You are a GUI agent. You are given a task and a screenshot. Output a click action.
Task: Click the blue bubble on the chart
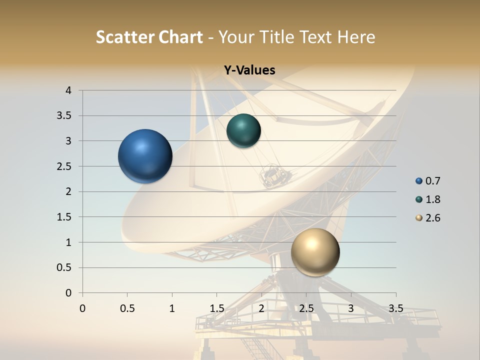point(145,156)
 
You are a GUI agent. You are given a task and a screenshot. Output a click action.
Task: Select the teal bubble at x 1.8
point(243,131)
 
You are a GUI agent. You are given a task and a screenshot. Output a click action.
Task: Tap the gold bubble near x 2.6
point(315,252)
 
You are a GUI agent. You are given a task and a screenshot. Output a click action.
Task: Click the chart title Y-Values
point(249,70)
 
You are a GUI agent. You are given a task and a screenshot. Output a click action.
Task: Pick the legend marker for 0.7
point(419,181)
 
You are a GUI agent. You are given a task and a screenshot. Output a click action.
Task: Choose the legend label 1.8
point(432,199)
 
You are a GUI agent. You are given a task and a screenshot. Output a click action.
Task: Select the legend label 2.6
point(432,218)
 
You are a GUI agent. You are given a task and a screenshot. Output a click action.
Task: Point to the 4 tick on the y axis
point(68,90)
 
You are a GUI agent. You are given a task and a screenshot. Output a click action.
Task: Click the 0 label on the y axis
point(68,293)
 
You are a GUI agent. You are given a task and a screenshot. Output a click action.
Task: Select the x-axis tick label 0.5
point(127,308)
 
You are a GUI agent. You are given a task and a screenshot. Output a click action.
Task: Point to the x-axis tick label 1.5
point(216,308)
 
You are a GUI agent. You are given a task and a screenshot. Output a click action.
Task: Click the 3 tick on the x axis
point(351,308)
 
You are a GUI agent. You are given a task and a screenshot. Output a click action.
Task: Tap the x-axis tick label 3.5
point(395,308)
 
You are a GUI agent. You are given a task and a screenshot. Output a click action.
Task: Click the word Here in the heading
point(356,37)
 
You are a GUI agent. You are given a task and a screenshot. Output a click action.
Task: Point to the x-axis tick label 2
point(261,308)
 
